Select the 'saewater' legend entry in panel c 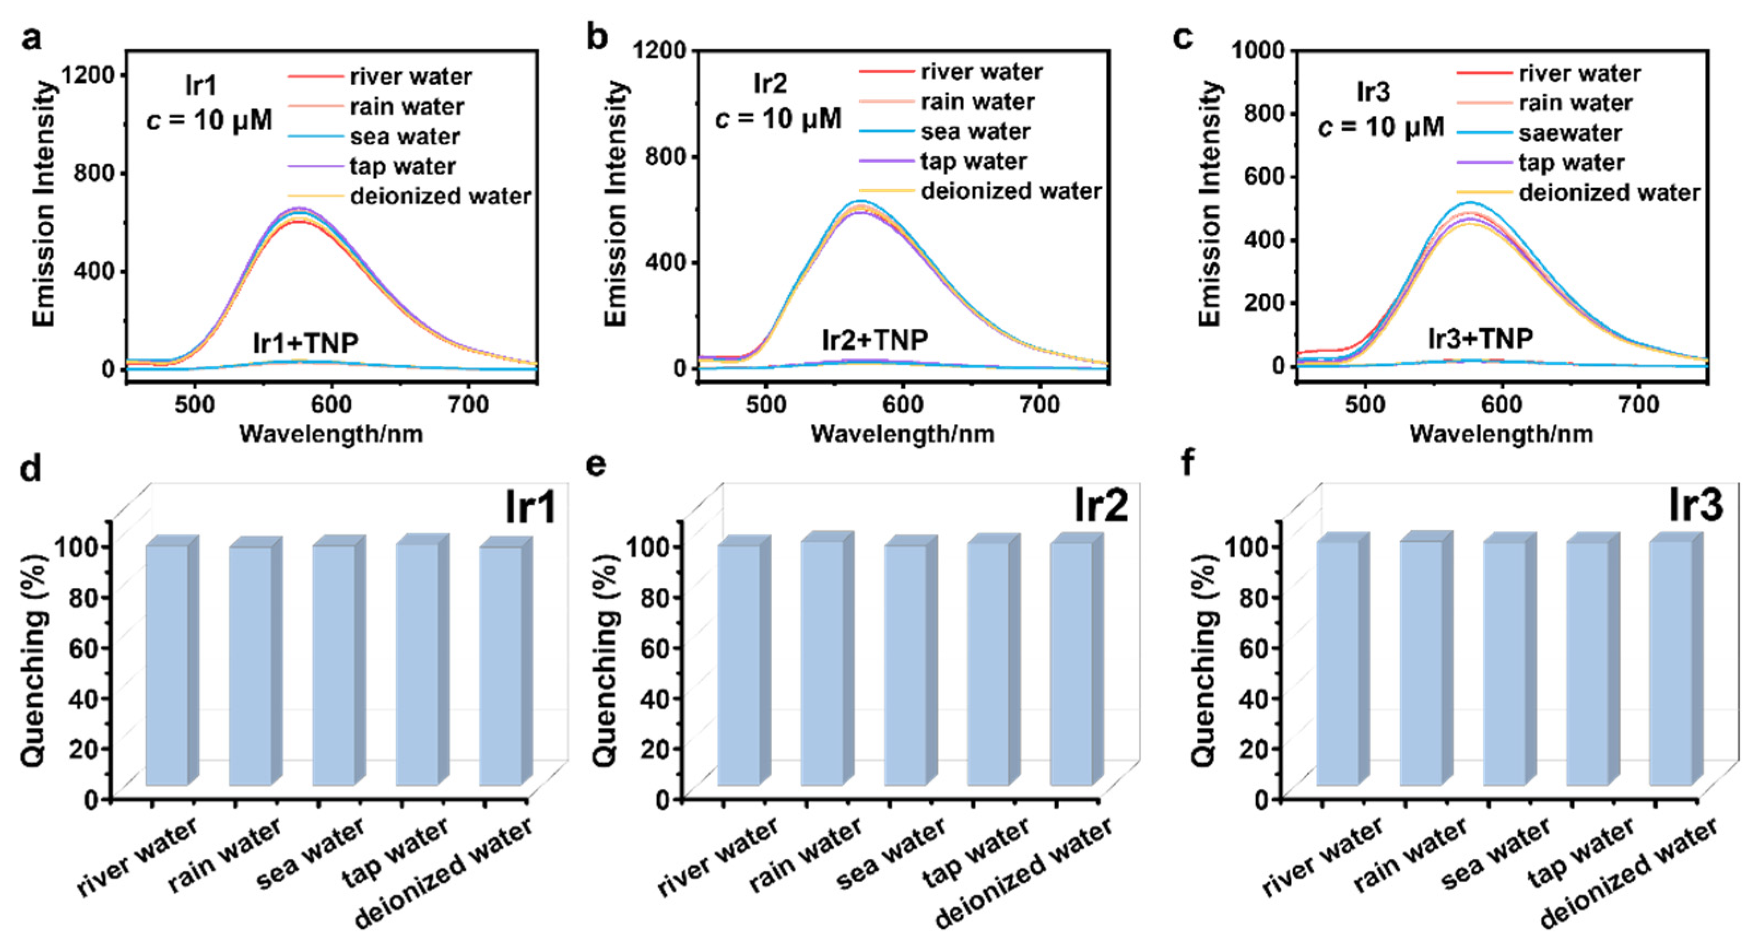click(1570, 133)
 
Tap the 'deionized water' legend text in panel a click(441, 197)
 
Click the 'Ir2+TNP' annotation click(875, 340)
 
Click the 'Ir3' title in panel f click(1695, 506)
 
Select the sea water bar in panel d click(334, 664)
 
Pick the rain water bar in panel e click(822, 663)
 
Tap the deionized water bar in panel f click(1670, 663)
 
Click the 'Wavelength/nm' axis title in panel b click(902, 434)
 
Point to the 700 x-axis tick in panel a click(468, 405)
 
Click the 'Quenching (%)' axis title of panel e click(605, 659)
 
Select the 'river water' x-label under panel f click(1322, 857)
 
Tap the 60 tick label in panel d click(85, 647)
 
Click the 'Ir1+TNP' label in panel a click(305, 343)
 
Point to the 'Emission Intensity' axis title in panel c click(1210, 204)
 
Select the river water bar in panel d click(167, 664)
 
